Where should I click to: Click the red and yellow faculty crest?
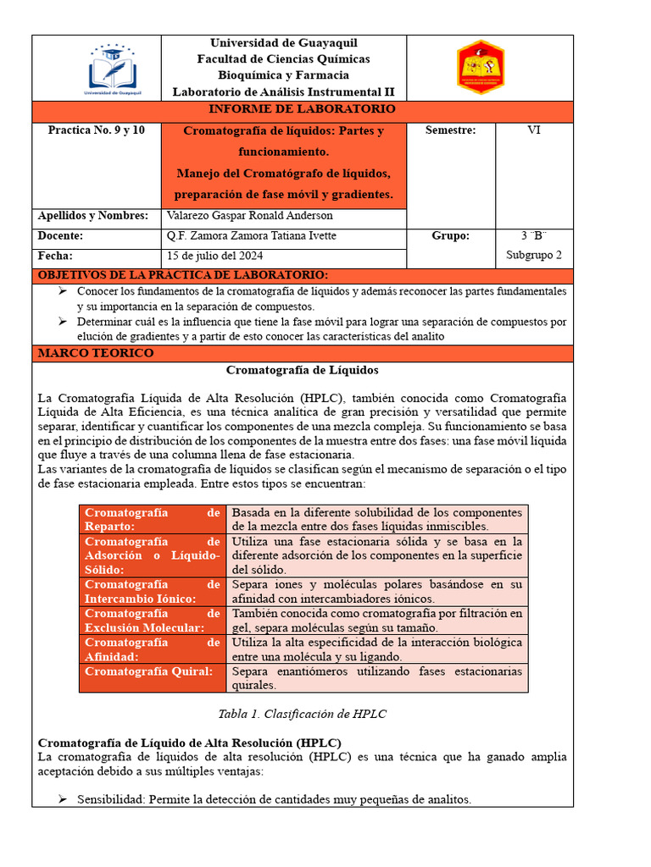[x=481, y=67]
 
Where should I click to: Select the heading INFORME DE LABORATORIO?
[x=302, y=110]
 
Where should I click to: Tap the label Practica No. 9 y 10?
[x=96, y=130]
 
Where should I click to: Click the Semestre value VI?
[x=533, y=130]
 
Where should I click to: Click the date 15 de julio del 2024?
[x=215, y=256]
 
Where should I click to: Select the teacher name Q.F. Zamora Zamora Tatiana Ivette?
[x=252, y=236]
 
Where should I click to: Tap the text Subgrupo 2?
[x=533, y=255]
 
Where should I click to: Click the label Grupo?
[x=450, y=236]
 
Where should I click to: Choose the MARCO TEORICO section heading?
[x=95, y=353]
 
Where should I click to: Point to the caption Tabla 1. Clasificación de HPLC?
[x=302, y=714]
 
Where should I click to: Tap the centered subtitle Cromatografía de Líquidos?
[x=302, y=371]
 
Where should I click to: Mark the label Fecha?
[x=55, y=256]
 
